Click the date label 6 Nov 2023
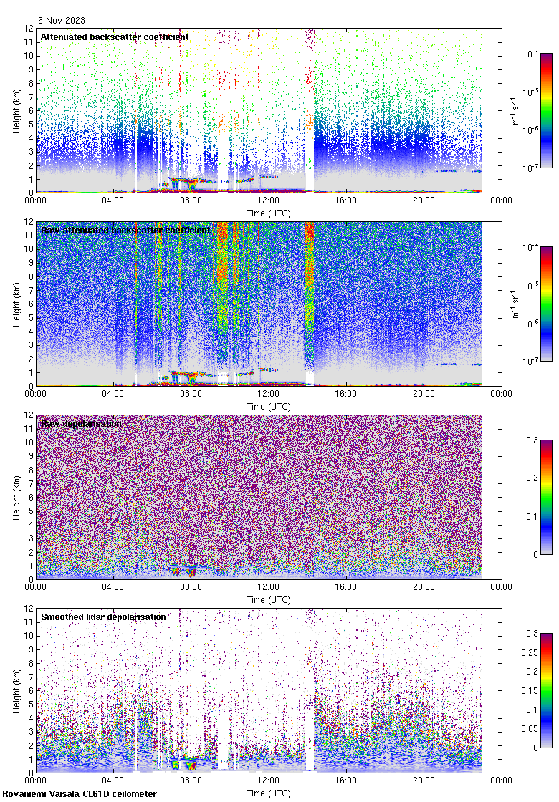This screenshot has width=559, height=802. pos(61,21)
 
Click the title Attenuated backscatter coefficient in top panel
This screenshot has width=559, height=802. pos(115,37)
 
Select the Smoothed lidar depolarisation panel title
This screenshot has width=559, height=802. pos(103,617)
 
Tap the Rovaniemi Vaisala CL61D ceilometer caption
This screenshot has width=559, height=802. pos(80,793)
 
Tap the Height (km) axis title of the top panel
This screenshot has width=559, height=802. pos(16,110)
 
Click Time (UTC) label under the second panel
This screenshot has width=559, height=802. pos(268,406)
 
